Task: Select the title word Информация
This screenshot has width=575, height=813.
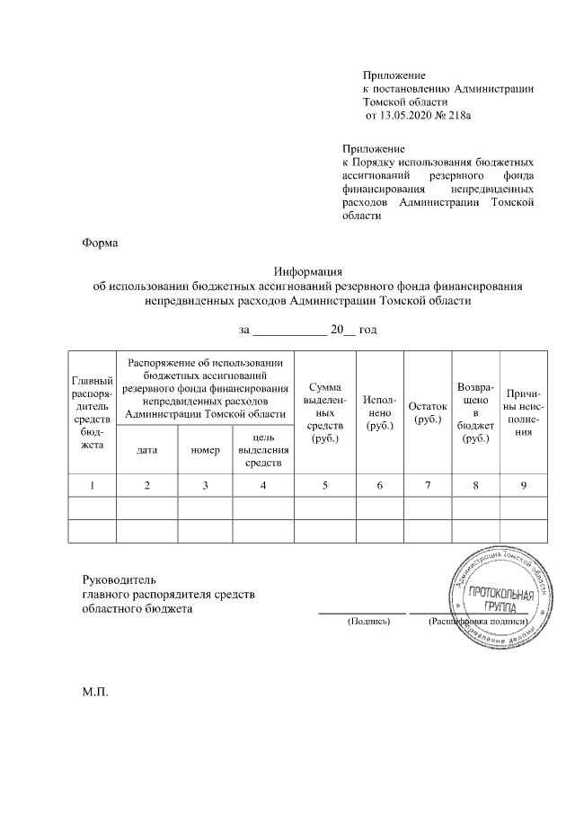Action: click(308, 272)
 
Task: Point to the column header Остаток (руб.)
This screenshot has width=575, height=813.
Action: click(427, 413)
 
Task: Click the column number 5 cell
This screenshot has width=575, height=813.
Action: click(324, 486)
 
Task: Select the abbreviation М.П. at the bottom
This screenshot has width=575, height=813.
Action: click(94, 692)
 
